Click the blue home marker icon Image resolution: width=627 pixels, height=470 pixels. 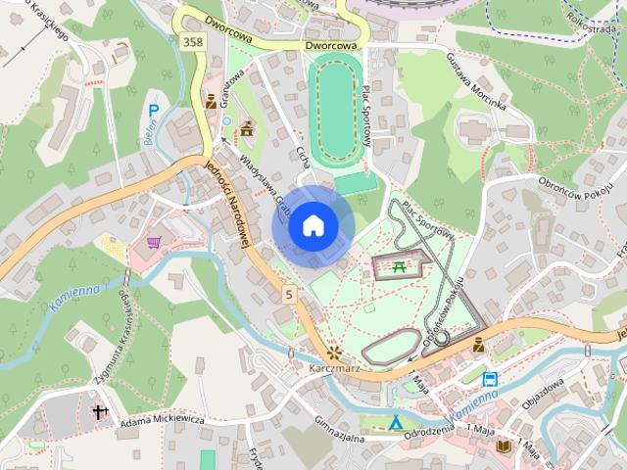313,226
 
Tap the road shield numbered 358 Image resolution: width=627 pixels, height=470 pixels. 192,40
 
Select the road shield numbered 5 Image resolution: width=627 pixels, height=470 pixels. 289,293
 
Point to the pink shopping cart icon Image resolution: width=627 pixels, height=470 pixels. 154,241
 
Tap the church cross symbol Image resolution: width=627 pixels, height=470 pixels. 98,412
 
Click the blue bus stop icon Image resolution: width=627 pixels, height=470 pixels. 489,378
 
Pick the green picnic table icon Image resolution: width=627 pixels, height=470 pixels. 400,264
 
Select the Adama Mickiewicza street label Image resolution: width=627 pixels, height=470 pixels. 162,421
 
